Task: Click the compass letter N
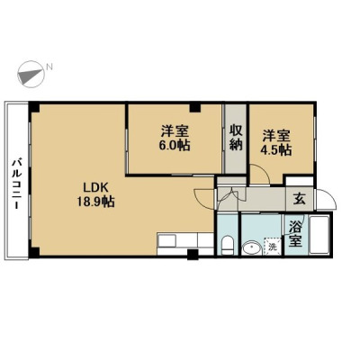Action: pos(49,67)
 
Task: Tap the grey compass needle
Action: pos(31,76)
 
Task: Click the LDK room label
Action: pos(95,188)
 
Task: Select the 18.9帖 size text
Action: pos(95,202)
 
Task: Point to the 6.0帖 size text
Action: pos(175,146)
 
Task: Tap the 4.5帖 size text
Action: pos(276,150)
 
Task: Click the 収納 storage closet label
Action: pos(236,138)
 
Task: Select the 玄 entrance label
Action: pos(300,199)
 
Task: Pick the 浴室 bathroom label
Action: pos(295,234)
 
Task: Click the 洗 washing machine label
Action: pos(273,247)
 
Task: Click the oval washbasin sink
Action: pos(252,248)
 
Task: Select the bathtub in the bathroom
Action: pos(319,234)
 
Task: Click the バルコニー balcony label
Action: pos(16,184)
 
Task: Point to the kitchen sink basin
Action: pos(167,240)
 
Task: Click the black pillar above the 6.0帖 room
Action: pos(195,107)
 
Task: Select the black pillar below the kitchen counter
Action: pos(193,255)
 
